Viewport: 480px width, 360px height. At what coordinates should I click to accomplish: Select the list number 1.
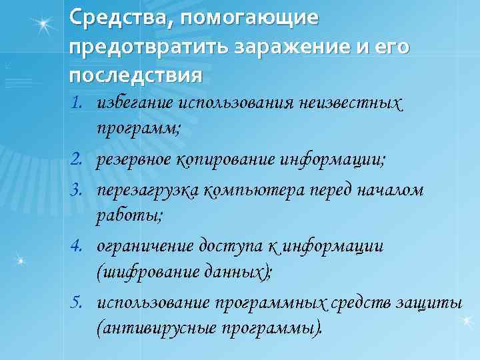click(81, 103)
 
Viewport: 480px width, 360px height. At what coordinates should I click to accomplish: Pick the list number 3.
click(81, 190)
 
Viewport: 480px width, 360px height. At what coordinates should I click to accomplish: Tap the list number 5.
click(81, 303)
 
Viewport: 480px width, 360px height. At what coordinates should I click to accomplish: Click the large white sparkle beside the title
click(44, 25)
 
